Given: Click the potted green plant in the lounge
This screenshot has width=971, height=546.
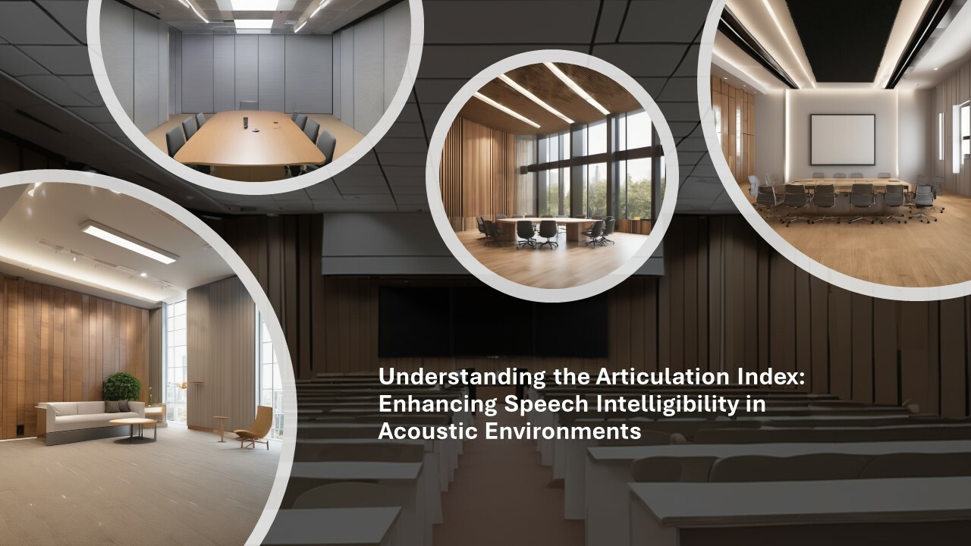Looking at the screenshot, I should [x=122, y=387].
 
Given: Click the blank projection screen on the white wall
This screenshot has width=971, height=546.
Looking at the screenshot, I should [x=842, y=140].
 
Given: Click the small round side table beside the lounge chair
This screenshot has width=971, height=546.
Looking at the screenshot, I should [x=221, y=422].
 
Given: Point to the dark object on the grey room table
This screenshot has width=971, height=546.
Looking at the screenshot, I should [x=247, y=120].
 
